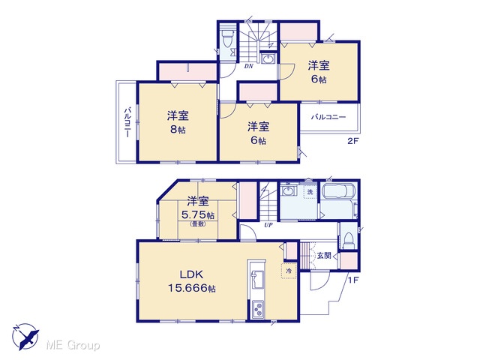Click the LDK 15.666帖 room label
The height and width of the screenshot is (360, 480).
point(192,282)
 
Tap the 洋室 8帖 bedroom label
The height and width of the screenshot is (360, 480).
point(178,122)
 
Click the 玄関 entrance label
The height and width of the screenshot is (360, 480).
point(324,255)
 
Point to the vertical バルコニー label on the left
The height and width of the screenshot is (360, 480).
point(127,122)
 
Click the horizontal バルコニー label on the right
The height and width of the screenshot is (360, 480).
point(328,117)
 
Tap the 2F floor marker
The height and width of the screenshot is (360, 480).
point(352,141)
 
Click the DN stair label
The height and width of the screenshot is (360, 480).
point(248,66)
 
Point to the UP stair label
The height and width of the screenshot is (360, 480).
point(268,226)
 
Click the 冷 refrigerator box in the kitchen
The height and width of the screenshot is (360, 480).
point(289,271)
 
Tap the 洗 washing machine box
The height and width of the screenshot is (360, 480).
point(310,192)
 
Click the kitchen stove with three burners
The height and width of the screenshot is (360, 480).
point(257,309)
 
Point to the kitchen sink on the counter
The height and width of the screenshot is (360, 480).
point(256,280)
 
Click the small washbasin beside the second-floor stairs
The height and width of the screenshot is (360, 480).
point(268,58)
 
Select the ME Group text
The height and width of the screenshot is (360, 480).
point(73,345)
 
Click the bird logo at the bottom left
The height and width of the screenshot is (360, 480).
point(26,336)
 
